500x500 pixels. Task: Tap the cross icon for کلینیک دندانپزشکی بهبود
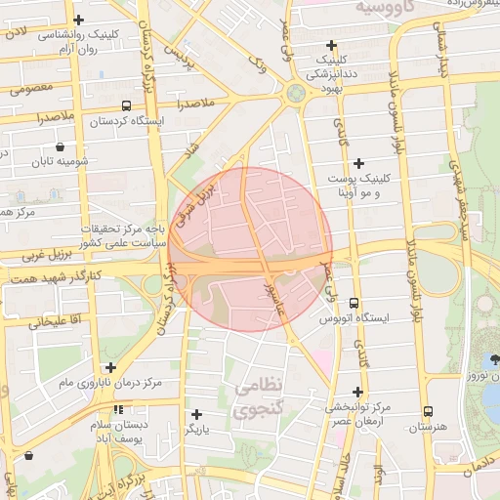(332, 45)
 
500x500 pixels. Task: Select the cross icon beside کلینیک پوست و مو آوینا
(358, 163)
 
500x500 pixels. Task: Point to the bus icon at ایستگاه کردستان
(126, 105)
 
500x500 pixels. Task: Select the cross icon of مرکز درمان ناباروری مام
(111, 368)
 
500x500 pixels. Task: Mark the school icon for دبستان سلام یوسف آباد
(118, 410)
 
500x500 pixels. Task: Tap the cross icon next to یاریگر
(197, 414)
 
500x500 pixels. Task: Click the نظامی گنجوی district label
(258, 398)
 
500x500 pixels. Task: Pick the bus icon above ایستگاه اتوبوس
(354, 303)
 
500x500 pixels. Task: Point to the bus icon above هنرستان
(428, 411)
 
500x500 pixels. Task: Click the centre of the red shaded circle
(250, 249)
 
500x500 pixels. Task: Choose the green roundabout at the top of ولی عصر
(295, 94)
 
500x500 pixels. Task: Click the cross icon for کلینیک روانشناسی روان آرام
(80, 19)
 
